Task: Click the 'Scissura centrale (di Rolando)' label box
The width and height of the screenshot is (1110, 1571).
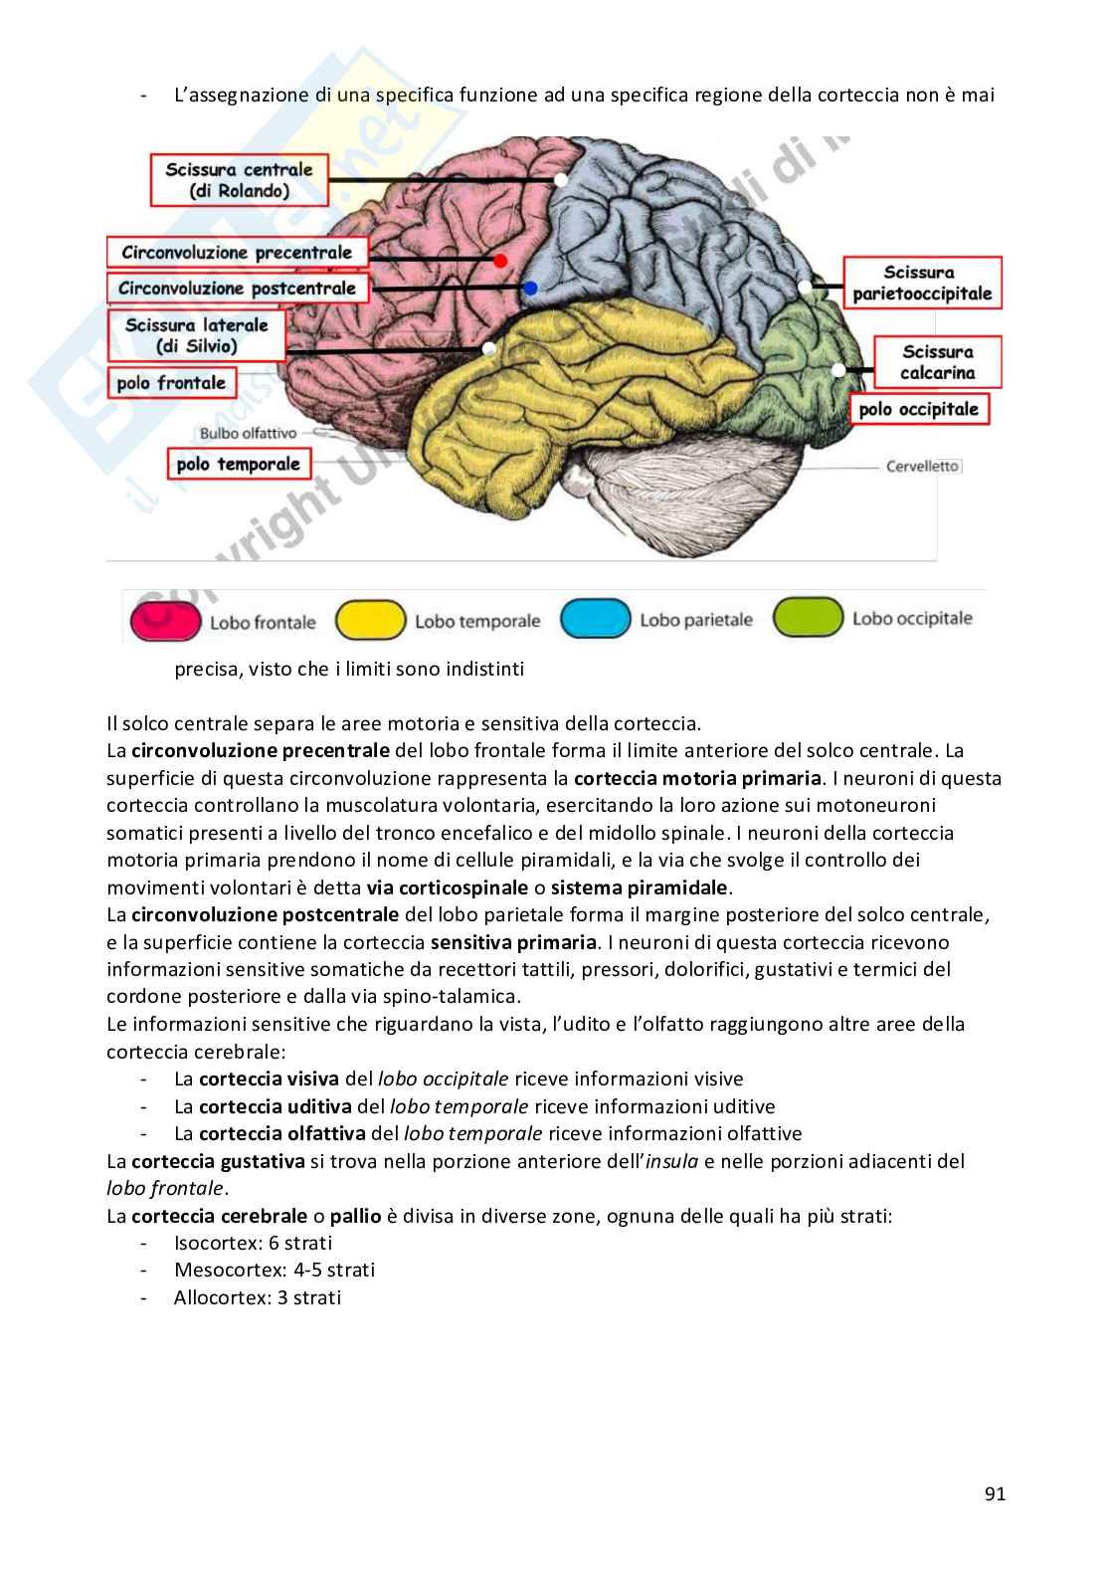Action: click(x=239, y=180)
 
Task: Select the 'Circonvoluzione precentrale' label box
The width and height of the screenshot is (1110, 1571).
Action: click(x=237, y=253)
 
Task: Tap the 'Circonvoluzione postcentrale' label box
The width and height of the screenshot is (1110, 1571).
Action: click(x=237, y=289)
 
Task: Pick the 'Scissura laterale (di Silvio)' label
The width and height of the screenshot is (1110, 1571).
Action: click(x=197, y=335)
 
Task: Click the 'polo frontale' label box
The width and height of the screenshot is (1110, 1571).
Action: click(x=171, y=383)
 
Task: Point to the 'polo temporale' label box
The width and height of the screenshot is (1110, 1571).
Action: click(x=238, y=464)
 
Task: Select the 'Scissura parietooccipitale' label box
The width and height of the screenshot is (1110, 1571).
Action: click(x=922, y=283)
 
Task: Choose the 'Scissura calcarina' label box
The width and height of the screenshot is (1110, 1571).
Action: click(x=937, y=362)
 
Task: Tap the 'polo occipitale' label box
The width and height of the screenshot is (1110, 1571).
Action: click(x=918, y=409)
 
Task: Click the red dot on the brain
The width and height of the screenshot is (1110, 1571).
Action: click(x=500, y=261)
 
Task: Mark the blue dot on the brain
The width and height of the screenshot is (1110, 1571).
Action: click(x=530, y=289)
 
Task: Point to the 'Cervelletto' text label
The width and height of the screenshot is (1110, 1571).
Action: click(x=923, y=466)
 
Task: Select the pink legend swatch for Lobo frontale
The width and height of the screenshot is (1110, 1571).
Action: click(x=164, y=621)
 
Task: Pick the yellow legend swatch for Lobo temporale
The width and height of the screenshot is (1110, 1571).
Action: click(x=370, y=620)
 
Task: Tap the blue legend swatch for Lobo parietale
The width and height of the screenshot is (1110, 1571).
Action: click(x=595, y=619)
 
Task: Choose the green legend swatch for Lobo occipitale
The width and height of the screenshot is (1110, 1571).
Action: click(x=808, y=618)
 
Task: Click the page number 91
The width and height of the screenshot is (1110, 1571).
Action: click(x=995, y=1493)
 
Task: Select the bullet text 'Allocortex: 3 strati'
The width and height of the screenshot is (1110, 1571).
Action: click(x=257, y=1297)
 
